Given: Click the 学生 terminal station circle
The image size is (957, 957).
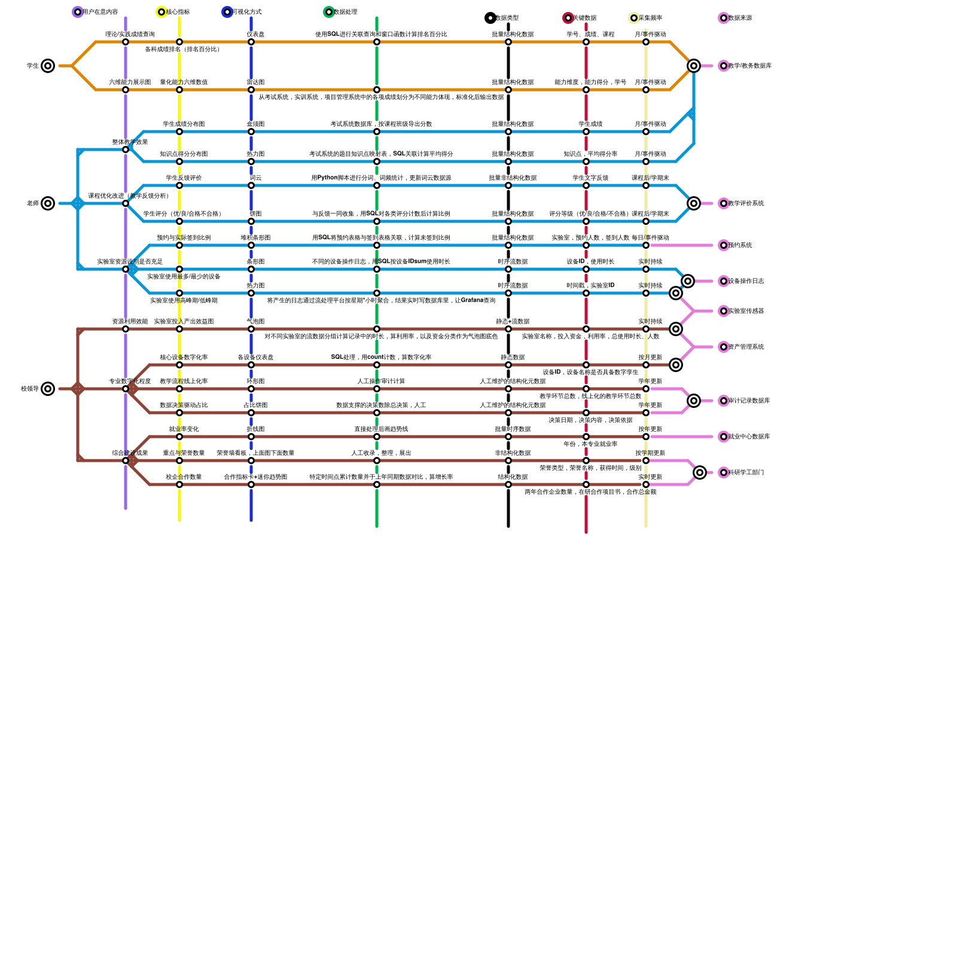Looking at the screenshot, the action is [48, 66].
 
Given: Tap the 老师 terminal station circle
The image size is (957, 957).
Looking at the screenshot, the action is [48, 203].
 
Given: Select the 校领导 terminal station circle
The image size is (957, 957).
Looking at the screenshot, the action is [48, 389].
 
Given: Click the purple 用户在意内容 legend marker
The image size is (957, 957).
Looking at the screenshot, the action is [78, 12].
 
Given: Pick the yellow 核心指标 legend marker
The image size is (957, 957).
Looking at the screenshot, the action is [161, 12].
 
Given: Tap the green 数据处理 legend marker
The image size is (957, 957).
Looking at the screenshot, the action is [329, 12].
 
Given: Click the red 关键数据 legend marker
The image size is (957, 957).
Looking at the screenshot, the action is [568, 18].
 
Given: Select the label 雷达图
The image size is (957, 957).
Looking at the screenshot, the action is [255, 82].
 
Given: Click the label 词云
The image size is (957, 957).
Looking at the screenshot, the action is [255, 178].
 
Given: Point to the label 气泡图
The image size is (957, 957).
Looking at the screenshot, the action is [255, 321].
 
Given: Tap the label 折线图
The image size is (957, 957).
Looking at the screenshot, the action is [255, 429].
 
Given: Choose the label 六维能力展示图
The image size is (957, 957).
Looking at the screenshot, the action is [130, 82].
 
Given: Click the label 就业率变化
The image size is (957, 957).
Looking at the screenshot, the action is [184, 429].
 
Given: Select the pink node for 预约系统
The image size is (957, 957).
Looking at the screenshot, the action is [724, 245].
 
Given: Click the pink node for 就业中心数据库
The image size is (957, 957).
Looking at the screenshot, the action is [724, 437].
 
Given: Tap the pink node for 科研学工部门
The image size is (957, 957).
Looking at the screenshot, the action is [724, 473].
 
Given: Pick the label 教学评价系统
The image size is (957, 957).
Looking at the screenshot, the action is [746, 203].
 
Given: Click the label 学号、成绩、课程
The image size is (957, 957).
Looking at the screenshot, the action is [590, 34].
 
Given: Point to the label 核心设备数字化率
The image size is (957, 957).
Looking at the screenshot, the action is [184, 357].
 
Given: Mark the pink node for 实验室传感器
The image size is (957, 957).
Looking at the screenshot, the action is [724, 311].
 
